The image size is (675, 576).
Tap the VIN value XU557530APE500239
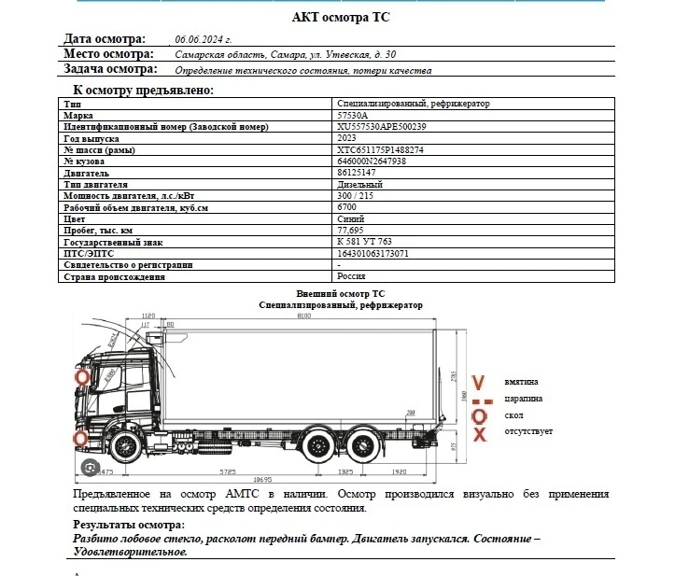[x=381, y=126]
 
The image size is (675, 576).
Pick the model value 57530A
[x=351, y=115]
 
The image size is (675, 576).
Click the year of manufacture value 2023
[x=346, y=137]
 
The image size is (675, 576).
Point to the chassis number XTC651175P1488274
[x=380, y=149]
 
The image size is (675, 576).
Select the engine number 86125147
[x=357, y=173]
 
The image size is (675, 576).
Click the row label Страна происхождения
[x=114, y=276]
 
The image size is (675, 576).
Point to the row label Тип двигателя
[x=102, y=184]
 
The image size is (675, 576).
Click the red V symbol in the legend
[x=479, y=383]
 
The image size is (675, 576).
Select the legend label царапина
[x=523, y=399]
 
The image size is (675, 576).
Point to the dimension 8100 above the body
[x=303, y=316]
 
